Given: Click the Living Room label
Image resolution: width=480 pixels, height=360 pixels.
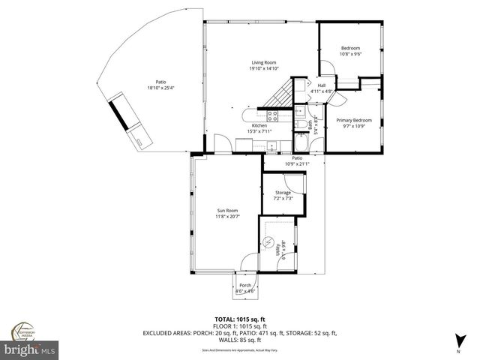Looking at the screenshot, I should click(x=263, y=62).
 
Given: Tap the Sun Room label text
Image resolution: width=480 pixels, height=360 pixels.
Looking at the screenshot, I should click(x=228, y=211).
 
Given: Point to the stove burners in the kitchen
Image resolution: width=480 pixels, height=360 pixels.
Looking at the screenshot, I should click(x=273, y=115).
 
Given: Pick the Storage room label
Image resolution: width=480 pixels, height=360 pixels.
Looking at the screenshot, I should click(x=283, y=193).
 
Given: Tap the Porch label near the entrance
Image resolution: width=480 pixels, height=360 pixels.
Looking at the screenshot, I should click(x=245, y=286).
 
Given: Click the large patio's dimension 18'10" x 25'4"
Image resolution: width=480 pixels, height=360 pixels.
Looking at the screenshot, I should click(x=160, y=88).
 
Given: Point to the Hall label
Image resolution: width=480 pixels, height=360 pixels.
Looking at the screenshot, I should click(x=321, y=85).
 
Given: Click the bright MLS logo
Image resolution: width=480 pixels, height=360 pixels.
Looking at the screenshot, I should click(x=30, y=350).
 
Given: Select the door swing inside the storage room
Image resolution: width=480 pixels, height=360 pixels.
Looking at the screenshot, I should click(x=298, y=184).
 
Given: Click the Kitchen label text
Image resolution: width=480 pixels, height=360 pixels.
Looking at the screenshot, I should click(x=259, y=125).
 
